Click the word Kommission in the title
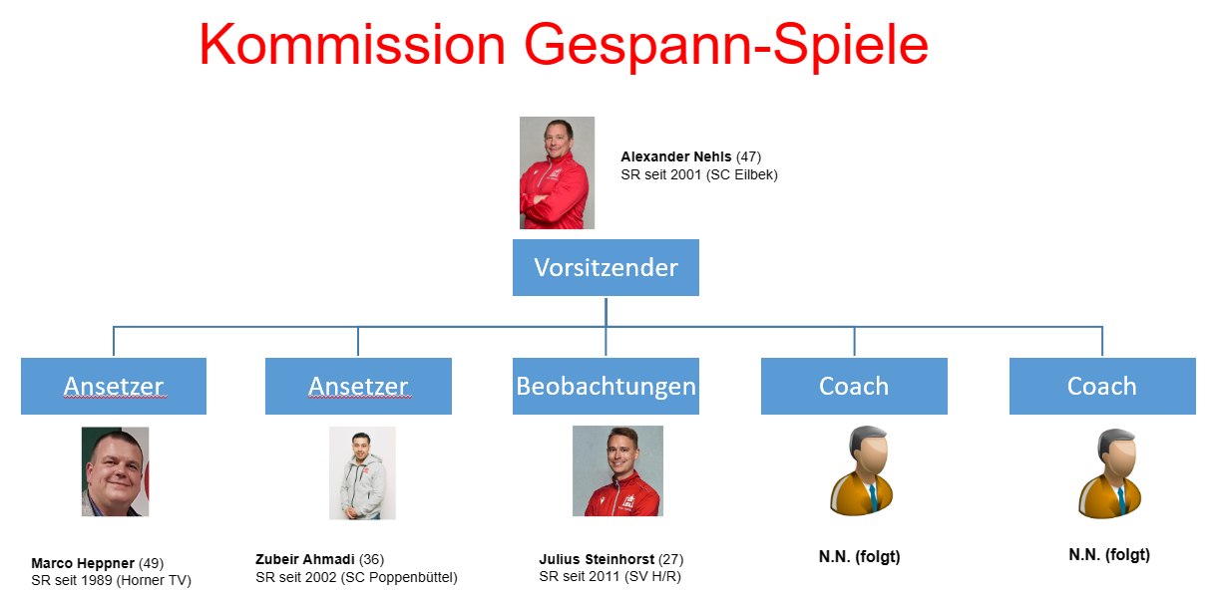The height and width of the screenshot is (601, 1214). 352,45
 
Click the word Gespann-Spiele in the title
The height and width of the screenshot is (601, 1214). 726,47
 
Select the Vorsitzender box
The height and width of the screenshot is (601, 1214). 606,267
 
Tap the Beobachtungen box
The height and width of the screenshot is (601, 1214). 606,386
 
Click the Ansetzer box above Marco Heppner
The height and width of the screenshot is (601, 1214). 114,386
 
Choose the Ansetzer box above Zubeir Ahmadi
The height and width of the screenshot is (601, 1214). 358,386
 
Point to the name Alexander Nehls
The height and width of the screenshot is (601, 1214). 675,156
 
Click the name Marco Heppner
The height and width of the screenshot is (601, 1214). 83,563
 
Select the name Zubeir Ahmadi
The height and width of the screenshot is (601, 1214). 305,559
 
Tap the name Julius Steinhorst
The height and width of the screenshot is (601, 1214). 597,559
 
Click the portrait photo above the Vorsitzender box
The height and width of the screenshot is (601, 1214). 558,172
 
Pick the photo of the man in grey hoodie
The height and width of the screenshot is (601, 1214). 362,473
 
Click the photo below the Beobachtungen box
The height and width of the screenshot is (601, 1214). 617,470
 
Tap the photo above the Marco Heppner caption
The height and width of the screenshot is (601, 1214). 115,471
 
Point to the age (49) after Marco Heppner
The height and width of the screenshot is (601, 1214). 152,563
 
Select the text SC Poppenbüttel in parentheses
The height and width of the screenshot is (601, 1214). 398,577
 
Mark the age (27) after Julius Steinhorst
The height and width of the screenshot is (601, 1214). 671,559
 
